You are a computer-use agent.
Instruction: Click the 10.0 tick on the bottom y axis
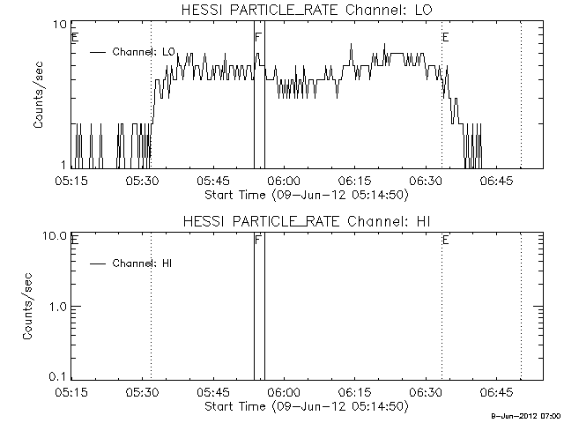pyautogui.click(x=57, y=236)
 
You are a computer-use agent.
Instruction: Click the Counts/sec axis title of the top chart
pyautogui.click(x=39, y=95)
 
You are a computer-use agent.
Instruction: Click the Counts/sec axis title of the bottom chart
pyautogui.click(x=39, y=306)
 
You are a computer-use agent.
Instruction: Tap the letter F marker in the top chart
pyautogui.click(x=257, y=38)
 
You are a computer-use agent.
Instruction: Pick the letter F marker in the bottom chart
pyautogui.click(x=257, y=240)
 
